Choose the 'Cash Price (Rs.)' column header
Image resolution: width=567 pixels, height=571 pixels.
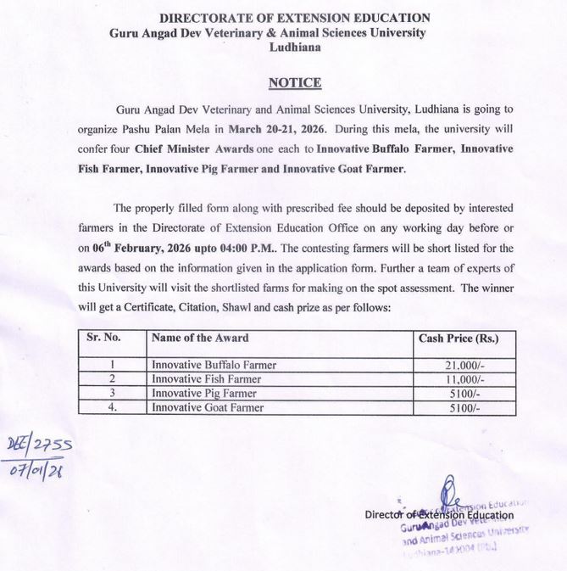coord(459,338)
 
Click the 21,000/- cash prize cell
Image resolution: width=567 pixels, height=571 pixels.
coord(459,365)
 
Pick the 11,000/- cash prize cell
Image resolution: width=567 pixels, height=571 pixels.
coord(459,379)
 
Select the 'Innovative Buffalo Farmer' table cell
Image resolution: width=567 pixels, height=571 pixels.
coord(214,365)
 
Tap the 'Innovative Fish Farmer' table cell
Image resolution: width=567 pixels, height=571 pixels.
coord(207,379)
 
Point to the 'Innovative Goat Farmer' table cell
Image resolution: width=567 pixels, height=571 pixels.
coord(208,408)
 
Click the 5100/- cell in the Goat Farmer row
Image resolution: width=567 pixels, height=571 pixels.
coord(459,408)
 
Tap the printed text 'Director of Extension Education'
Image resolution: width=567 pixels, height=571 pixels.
coord(439,515)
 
